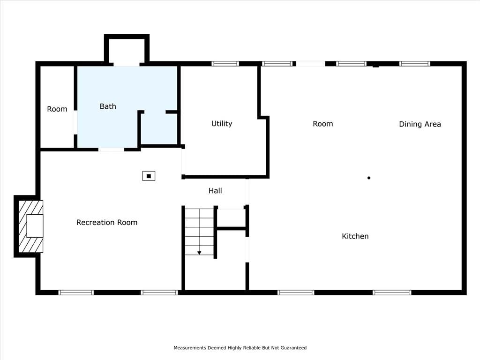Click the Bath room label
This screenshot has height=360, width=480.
[x=108, y=106]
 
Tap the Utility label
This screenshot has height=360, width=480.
[x=222, y=124]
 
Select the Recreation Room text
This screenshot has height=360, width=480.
[x=107, y=222]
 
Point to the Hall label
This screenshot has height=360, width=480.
[x=215, y=191]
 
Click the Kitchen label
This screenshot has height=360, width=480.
[x=355, y=236]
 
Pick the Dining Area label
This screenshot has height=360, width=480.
[x=420, y=124]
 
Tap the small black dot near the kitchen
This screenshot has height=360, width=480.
[x=369, y=178]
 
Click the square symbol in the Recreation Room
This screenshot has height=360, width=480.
[x=149, y=176]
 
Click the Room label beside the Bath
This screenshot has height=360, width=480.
[x=57, y=109]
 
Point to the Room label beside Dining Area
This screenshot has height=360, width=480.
[x=322, y=124]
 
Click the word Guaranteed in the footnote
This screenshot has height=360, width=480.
[x=293, y=348]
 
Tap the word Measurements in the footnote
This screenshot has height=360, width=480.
[x=190, y=348]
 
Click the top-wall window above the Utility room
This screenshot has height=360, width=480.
[x=225, y=64]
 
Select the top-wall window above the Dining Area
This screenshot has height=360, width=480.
[x=415, y=64]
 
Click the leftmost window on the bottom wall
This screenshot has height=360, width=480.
[x=76, y=292]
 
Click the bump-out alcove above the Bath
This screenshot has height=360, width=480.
[x=127, y=50]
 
